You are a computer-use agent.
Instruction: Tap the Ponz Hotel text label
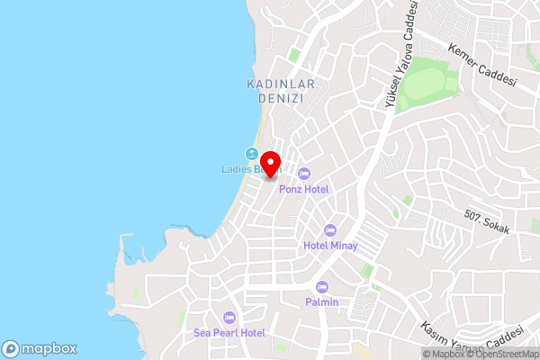pyautogui.click(x=304, y=189)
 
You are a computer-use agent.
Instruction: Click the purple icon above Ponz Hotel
pyautogui.click(x=304, y=174)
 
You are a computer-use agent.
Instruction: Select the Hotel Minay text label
pyautogui.click(x=330, y=246)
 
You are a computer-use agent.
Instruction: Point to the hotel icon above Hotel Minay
pyautogui.click(x=330, y=230)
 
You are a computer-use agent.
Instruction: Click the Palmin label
pyautogui.click(x=322, y=302)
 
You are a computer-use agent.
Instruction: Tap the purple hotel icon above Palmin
pyautogui.click(x=322, y=287)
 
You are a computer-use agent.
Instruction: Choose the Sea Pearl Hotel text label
pyautogui.click(x=229, y=333)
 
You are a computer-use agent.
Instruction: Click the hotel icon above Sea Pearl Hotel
pyautogui.click(x=229, y=318)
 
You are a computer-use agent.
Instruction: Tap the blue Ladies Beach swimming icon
pyautogui.click(x=252, y=154)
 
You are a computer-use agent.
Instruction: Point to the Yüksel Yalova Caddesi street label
pyautogui.click(x=402, y=56)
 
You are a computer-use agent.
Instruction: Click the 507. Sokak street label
pyautogui.click(x=487, y=222)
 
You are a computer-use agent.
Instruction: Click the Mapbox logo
pyautogui.click(x=39, y=348)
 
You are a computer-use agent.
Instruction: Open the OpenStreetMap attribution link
pyautogui.click(x=502, y=354)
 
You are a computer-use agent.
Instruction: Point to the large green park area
pyautogui.click(x=427, y=89)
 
